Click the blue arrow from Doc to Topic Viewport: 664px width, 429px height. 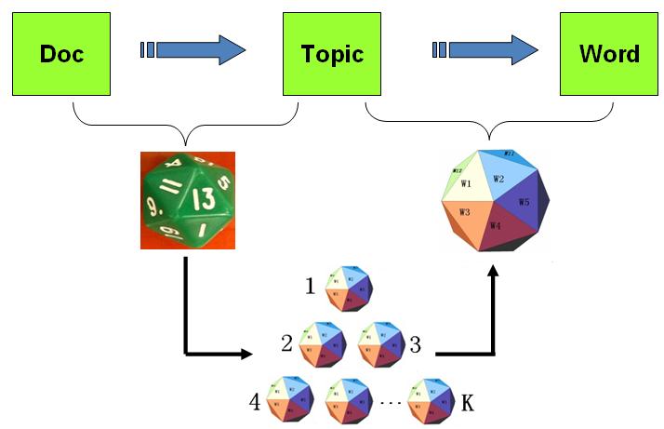click(x=194, y=49)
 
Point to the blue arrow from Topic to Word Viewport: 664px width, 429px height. click(x=486, y=49)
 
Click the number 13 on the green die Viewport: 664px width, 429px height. click(x=205, y=198)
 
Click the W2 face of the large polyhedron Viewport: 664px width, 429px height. click(x=498, y=178)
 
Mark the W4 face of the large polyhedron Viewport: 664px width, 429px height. click(x=496, y=226)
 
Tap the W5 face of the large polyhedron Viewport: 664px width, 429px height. click(x=525, y=201)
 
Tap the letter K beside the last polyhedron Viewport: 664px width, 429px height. click(x=467, y=403)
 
